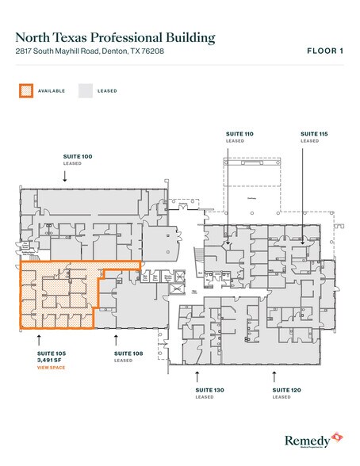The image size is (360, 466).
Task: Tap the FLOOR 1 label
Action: click(x=325, y=52)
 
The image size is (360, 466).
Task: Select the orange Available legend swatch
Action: click(x=27, y=90)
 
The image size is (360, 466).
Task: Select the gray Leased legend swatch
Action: click(x=85, y=90)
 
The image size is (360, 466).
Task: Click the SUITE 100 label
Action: click(x=78, y=157)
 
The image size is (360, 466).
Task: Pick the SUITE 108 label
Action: click(x=128, y=353)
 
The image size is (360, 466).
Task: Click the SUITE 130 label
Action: click(x=210, y=390)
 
